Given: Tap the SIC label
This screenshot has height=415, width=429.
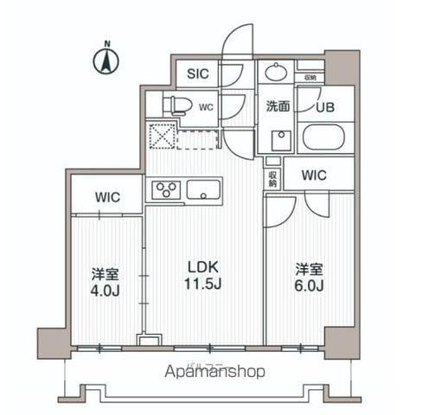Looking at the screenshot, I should pyautogui.click(x=198, y=75).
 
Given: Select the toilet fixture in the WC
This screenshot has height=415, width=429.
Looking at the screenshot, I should pyautogui.click(x=177, y=106).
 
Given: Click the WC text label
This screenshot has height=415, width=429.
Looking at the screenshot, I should pyautogui.click(x=206, y=107).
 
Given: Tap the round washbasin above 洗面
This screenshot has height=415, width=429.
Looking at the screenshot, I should pyautogui.click(x=277, y=73).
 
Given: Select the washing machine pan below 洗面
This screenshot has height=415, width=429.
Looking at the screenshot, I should pyautogui.click(x=279, y=141).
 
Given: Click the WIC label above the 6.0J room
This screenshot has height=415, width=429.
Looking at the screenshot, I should pyautogui.click(x=314, y=176).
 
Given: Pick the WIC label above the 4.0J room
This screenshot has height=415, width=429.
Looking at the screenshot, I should pyautogui.click(x=107, y=196).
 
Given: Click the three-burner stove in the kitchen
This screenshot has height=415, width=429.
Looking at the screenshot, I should pyautogui.click(x=165, y=189).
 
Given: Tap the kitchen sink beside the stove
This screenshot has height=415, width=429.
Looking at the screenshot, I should pyautogui.click(x=204, y=189).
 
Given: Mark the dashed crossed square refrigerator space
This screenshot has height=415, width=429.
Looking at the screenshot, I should pyautogui.click(x=161, y=136).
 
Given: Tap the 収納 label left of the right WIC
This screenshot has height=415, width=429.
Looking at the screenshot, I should pyautogui.click(x=272, y=178).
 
